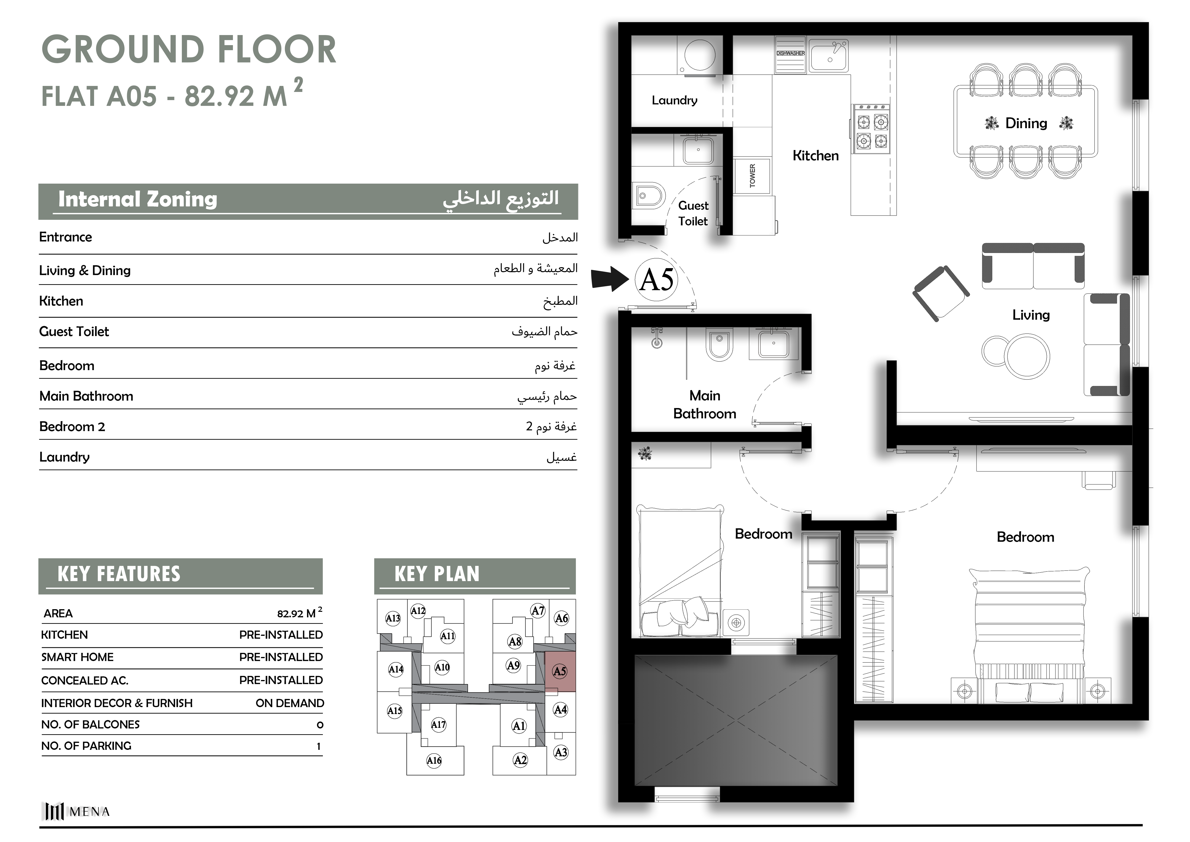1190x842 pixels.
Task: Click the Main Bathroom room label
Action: point(704,404)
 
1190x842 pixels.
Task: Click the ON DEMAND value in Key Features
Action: point(290,703)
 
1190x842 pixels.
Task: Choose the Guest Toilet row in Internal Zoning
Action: point(308,332)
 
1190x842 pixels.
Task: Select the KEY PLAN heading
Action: point(437,574)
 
